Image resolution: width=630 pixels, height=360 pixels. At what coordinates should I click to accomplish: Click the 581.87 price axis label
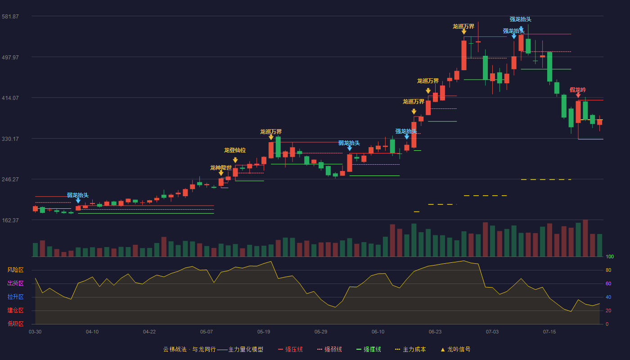[x=10, y=17]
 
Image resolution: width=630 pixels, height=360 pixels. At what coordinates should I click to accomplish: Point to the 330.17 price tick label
[x=10, y=139]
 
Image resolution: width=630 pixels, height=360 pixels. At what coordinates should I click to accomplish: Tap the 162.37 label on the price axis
[x=10, y=220]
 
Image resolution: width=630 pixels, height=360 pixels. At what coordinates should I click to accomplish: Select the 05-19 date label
[x=264, y=332]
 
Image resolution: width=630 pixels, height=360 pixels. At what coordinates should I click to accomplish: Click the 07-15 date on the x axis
[x=549, y=332]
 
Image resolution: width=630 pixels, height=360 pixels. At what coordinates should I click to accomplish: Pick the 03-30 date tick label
[x=35, y=332]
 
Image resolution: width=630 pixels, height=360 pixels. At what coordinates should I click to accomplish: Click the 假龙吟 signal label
[x=578, y=90]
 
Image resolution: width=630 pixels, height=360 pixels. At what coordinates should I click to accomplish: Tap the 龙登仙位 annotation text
[x=235, y=150]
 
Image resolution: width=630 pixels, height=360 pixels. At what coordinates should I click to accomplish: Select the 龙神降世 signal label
[x=221, y=167]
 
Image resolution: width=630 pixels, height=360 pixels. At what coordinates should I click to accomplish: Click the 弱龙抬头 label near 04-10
[x=77, y=195]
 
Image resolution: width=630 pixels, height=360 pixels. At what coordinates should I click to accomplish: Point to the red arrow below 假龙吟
[x=578, y=95]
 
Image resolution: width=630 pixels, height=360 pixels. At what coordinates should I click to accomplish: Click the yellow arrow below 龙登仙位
[x=235, y=160]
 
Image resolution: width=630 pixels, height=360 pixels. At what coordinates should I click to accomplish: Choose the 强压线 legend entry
[x=290, y=349]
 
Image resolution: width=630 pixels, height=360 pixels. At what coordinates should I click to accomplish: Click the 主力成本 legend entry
[x=410, y=349]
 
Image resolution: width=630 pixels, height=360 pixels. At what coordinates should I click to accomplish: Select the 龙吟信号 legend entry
[x=455, y=349]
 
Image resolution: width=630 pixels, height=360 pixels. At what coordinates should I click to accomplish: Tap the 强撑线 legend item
[x=369, y=349]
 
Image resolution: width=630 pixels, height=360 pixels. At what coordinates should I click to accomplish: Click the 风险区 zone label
[x=15, y=270]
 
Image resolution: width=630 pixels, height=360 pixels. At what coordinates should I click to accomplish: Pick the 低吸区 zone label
[x=15, y=324]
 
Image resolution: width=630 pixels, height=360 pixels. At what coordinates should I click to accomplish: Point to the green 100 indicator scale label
[x=610, y=256]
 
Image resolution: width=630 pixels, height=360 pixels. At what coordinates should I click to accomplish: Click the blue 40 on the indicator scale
[x=608, y=297]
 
